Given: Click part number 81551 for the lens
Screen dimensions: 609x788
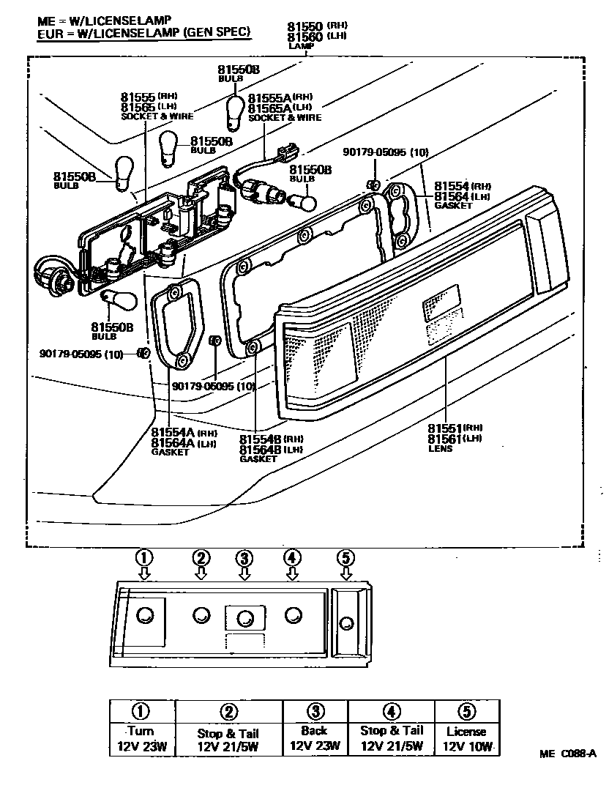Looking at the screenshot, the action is point(445,428).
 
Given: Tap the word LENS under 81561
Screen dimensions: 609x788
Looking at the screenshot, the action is point(440,448).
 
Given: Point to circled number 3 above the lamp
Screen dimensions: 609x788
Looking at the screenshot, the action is point(244,558).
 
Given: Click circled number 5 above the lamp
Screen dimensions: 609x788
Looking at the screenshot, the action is point(345,558).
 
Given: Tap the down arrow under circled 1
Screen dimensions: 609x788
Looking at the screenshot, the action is point(145,573).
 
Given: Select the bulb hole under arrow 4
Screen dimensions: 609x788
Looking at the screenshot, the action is point(293,614).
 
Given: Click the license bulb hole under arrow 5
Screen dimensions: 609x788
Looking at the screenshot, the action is point(345,623).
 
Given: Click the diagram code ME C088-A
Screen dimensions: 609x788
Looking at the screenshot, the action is point(568,754).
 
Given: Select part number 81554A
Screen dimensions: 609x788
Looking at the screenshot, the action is point(173,432).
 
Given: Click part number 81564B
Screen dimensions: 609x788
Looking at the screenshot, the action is point(261,449).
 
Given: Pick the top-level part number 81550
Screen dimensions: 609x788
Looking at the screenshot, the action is point(306,26).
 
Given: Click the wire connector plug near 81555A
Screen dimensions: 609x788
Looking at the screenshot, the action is point(288,151).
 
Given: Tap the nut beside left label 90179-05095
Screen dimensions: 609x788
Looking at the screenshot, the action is point(144,353).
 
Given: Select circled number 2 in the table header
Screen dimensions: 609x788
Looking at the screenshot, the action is point(228,711).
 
